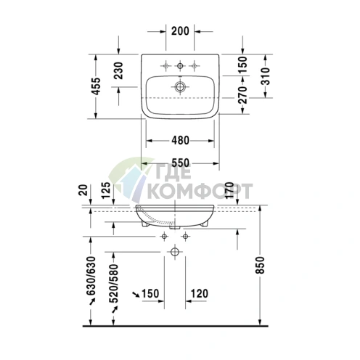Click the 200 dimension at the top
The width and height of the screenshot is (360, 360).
(180, 31)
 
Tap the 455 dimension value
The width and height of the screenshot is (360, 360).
(97, 86)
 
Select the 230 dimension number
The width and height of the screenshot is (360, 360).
(118, 70)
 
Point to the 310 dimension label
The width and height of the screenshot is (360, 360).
(266, 76)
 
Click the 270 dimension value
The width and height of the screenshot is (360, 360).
(242, 95)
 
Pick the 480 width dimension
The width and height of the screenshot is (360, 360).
(180, 140)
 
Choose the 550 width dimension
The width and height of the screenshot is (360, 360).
(180, 163)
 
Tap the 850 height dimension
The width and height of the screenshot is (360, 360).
(261, 265)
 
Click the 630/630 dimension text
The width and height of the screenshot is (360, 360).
(91, 276)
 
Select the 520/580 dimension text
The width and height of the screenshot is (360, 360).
(114, 284)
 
